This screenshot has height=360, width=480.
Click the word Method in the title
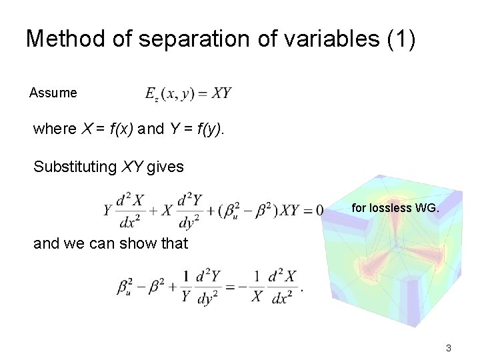click(65, 39)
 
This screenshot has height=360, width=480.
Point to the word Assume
click(53, 93)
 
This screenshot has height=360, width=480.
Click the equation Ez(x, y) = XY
click(189, 93)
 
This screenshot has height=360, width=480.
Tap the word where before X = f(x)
click(55, 129)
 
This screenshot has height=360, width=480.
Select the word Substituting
click(75, 167)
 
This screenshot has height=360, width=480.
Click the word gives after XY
click(165, 167)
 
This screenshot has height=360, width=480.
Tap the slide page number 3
click(449, 347)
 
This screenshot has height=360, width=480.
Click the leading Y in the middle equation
click(107, 211)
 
